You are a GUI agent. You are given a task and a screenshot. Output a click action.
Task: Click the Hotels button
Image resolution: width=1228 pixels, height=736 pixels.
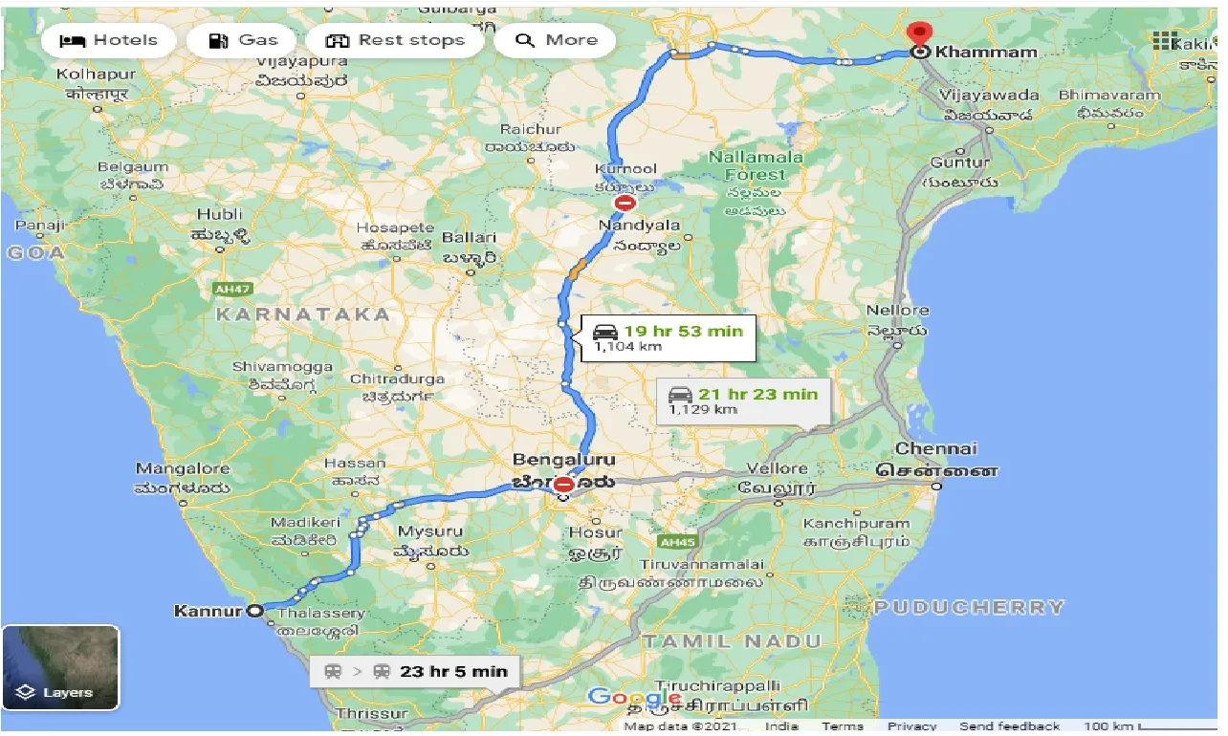pos(108,40)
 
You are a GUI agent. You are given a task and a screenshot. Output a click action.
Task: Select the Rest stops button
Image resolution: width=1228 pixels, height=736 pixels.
pos(395,40)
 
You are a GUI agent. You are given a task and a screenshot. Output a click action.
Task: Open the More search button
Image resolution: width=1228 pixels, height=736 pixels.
pos(556,40)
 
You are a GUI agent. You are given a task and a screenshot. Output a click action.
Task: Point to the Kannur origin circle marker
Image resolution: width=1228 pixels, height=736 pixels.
pos(254,611)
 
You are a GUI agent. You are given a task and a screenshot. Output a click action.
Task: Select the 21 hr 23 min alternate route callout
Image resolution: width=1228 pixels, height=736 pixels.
pos(743,400)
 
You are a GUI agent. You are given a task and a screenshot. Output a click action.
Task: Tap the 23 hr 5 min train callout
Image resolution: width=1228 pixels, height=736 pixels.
pos(415,671)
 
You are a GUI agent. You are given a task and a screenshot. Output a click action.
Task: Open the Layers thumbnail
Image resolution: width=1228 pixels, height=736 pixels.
pos(60,667)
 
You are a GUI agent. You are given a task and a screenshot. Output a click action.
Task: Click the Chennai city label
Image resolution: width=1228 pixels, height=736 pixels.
pos(936,448)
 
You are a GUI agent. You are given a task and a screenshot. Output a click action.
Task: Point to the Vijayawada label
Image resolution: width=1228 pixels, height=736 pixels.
pos(988,96)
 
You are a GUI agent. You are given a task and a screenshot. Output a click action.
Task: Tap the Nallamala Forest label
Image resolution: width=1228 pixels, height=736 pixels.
pos(755,165)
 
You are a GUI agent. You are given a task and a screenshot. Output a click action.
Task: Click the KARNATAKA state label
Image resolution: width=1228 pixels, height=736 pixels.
pos(302,314)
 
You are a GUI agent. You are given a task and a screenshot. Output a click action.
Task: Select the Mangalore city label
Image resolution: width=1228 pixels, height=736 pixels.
pos(183,468)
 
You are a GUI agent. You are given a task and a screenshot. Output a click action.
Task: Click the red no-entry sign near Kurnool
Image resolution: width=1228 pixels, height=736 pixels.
pos(625,204)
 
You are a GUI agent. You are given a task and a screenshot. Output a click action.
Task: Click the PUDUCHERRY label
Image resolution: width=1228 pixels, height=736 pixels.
pos(968,607)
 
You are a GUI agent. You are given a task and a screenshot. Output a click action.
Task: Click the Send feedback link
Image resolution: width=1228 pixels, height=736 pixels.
pos(1009,726)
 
